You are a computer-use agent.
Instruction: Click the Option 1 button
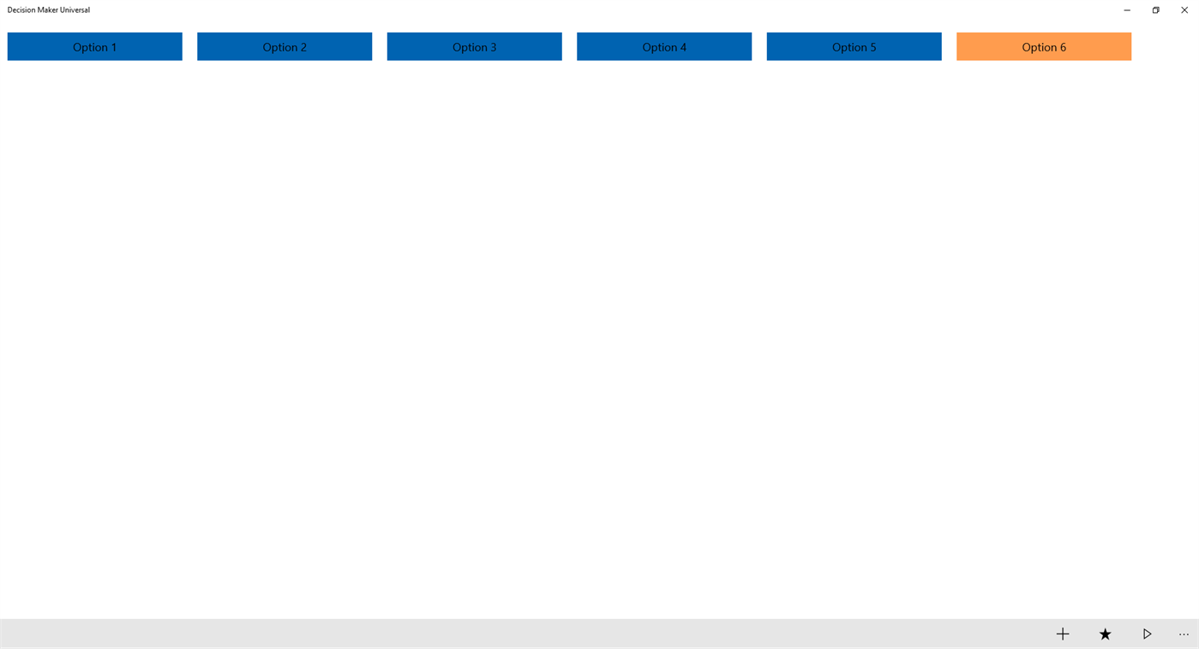coord(95,46)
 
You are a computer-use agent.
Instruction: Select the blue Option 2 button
coord(285,46)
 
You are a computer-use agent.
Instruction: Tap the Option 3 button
coord(474,46)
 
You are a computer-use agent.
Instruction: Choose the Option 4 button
coord(664,46)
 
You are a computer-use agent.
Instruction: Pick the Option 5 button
coord(854,46)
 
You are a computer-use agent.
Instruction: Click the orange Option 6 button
coord(1044,46)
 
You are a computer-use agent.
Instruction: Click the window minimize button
coord(1127,10)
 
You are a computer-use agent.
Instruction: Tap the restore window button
coord(1155,10)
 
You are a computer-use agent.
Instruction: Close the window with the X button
coord(1184,10)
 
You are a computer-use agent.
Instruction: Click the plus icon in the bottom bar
coord(1063,634)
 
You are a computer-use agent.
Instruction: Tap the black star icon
coord(1105,634)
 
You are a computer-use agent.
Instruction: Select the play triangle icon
coord(1147,634)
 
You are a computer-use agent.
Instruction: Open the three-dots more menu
coord(1184,634)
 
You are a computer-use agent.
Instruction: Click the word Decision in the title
coord(21,9)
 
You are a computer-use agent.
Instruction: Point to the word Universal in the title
coord(75,9)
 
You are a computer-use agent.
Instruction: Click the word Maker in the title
coord(48,9)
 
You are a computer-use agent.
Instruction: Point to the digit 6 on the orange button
coord(1063,47)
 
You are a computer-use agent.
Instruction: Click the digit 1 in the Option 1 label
coord(113,47)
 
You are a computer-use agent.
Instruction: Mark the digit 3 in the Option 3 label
coord(493,47)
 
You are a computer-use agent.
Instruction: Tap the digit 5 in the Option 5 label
coord(872,47)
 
